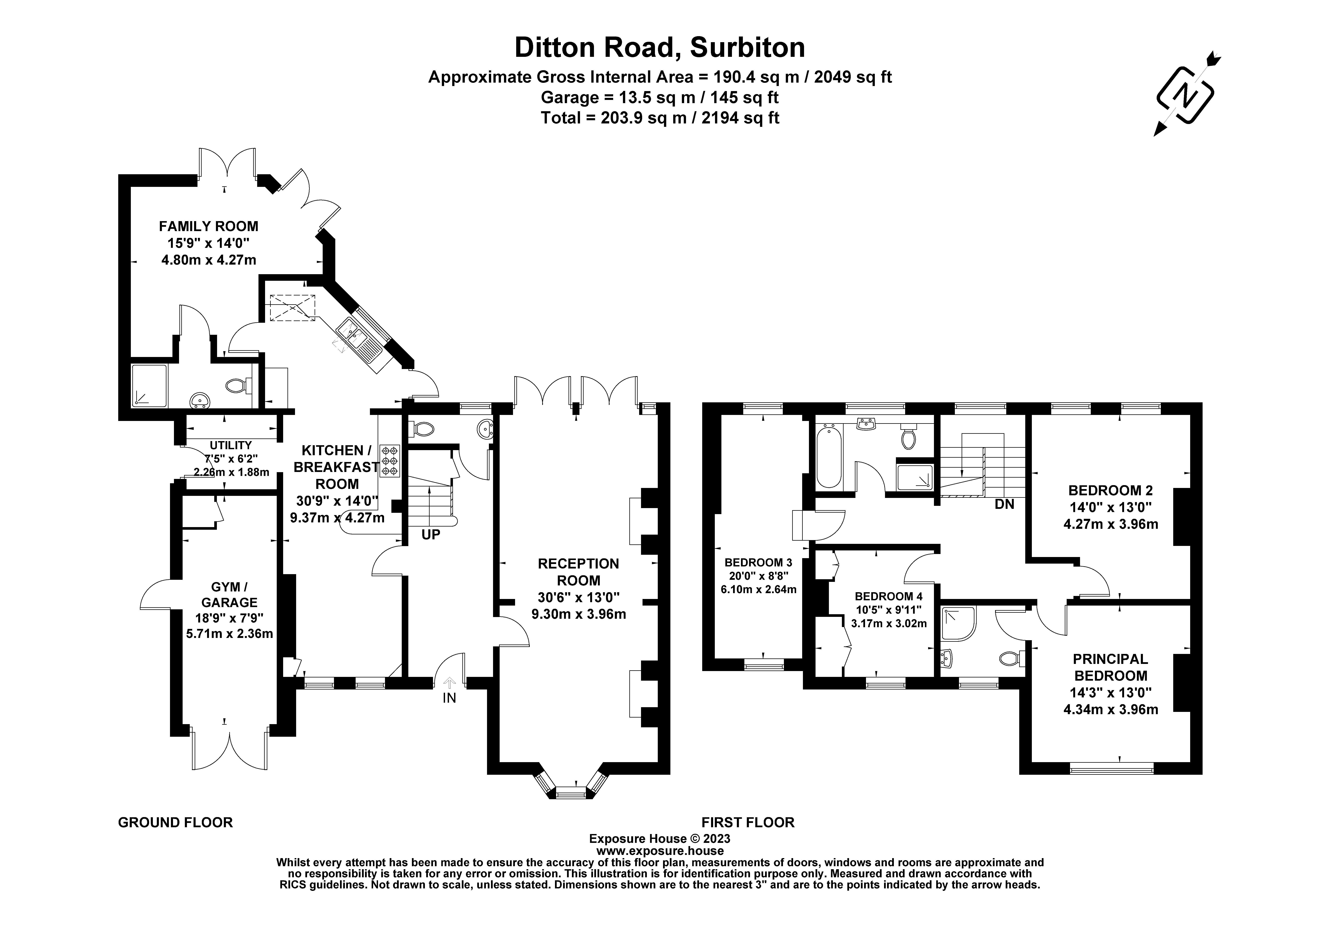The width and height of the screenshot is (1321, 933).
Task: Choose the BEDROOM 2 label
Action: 1110,491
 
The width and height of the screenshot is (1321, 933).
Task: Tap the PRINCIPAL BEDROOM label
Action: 1110,667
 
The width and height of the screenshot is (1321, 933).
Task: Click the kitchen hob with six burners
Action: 390,461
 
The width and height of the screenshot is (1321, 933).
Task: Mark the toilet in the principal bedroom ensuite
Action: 1011,658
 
